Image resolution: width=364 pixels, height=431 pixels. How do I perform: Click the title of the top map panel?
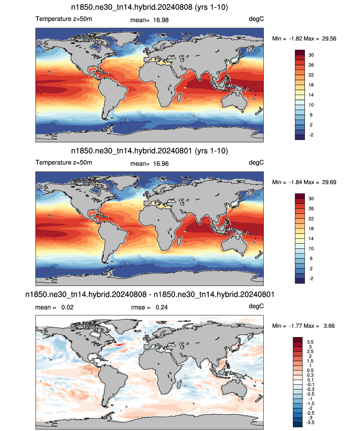click(x=150, y=7)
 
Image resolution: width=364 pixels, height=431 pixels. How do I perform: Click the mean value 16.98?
click(x=161, y=20)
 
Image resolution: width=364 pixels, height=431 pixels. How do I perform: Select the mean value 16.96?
click(x=161, y=164)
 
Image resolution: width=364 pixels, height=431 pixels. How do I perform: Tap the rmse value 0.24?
click(x=161, y=308)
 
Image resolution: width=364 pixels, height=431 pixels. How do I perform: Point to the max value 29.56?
click(x=329, y=39)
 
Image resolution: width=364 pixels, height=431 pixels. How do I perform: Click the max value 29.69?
click(x=329, y=182)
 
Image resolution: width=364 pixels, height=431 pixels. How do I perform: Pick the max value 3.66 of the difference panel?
click(x=329, y=326)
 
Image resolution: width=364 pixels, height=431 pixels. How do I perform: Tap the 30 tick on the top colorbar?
click(x=311, y=55)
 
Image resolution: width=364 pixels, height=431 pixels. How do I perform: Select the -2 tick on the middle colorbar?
click(x=311, y=279)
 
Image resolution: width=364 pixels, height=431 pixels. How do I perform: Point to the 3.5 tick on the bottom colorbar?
click(x=310, y=342)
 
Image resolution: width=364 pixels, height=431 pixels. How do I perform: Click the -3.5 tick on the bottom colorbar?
click(x=310, y=423)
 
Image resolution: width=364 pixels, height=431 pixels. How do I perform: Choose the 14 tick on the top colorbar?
click(x=311, y=95)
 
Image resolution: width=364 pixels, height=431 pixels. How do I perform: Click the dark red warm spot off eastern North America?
click(x=119, y=345)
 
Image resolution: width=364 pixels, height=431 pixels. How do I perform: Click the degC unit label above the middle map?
click(x=256, y=163)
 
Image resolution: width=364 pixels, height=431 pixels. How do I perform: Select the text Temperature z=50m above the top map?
click(x=64, y=19)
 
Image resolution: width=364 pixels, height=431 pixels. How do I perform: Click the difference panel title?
click(x=150, y=295)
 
